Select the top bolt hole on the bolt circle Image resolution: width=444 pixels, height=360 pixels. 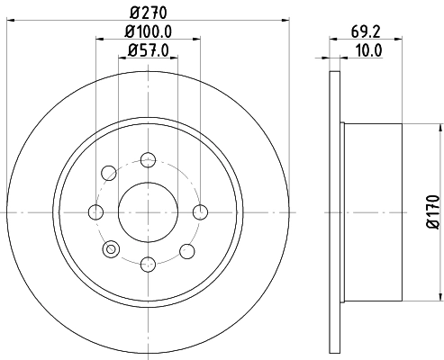tap(148, 160)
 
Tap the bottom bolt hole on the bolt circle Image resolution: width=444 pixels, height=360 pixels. tap(148, 264)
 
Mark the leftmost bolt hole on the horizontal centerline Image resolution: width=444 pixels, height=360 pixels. tap(95, 212)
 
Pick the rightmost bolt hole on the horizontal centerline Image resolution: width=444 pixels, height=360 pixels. tap(200, 212)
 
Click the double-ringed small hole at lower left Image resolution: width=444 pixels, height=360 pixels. tap(112, 249)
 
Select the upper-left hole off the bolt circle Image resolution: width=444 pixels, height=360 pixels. tap(110, 171)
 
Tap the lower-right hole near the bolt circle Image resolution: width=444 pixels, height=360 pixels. tap(186, 251)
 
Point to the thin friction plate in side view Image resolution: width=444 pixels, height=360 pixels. tap(340, 211)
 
